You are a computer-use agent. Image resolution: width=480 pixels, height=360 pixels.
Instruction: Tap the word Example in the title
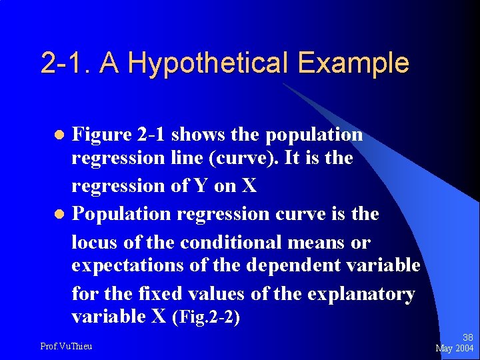tap(353, 63)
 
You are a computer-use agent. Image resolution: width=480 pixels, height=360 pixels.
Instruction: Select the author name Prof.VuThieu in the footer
tap(66, 346)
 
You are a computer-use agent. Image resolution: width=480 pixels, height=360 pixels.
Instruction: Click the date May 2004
tap(455, 349)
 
